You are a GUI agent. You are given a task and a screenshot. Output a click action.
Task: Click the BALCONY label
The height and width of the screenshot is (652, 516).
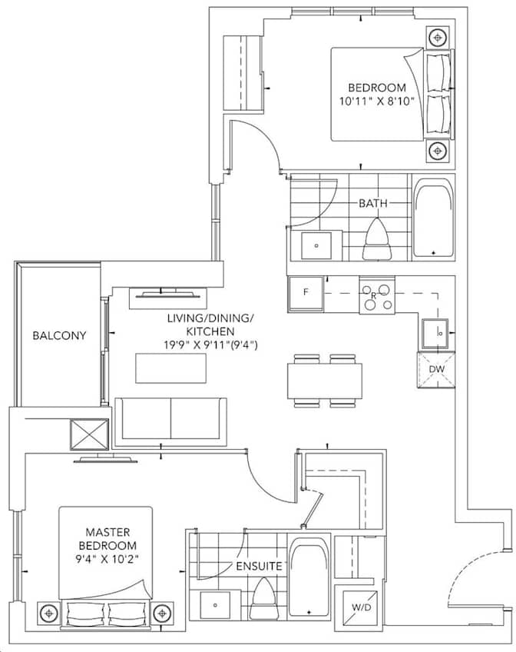(x=59, y=336)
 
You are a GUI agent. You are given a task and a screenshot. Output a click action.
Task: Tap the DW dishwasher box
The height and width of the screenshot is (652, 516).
(x=436, y=370)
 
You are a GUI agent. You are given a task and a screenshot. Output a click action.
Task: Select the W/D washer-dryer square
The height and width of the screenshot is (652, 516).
(x=361, y=607)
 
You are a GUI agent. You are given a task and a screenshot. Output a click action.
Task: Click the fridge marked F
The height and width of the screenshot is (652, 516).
(x=306, y=294)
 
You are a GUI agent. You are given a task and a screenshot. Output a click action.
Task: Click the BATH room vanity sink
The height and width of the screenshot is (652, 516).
(x=316, y=246)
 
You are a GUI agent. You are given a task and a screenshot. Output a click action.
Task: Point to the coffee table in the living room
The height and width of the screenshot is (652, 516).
(x=171, y=368)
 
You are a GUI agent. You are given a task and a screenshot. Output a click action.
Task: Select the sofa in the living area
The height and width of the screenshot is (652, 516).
(x=170, y=421)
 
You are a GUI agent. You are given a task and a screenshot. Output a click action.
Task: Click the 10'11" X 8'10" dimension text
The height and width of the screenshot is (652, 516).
(x=382, y=101)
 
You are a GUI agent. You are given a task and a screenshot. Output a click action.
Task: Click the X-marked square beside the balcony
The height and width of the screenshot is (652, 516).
(x=89, y=436)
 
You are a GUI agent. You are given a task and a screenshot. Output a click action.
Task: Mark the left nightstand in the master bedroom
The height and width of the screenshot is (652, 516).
(x=50, y=613)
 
